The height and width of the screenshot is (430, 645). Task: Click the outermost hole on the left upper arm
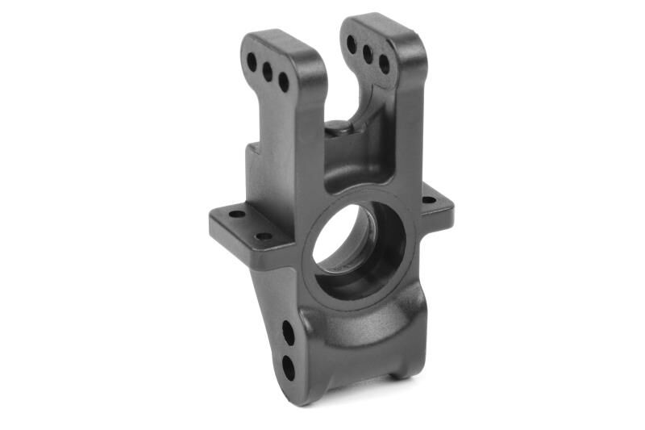click(252, 61)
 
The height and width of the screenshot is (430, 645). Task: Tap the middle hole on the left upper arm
click(268, 72)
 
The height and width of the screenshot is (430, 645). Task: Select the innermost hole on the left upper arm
click(284, 82)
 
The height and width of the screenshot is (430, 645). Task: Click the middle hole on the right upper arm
click(368, 54)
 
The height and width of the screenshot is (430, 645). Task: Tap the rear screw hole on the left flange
click(237, 215)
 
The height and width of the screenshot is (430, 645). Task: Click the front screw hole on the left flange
click(264, 236)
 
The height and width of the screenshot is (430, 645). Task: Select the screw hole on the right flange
click(428, 199)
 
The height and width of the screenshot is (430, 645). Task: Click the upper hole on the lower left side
click(288, 332)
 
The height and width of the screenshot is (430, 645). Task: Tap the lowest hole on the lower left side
click(288, 367)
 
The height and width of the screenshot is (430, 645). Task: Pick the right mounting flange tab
click(435, 207)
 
